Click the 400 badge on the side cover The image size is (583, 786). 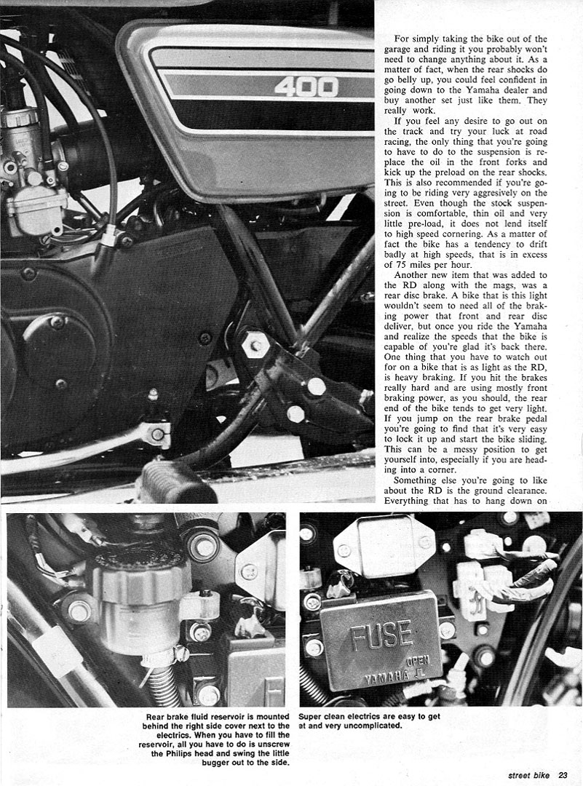[x=306, y=87]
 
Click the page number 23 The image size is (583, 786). [x=568, y=774]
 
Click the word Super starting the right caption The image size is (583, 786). [x=312, y=716]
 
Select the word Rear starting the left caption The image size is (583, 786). [x=157, y=716]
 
